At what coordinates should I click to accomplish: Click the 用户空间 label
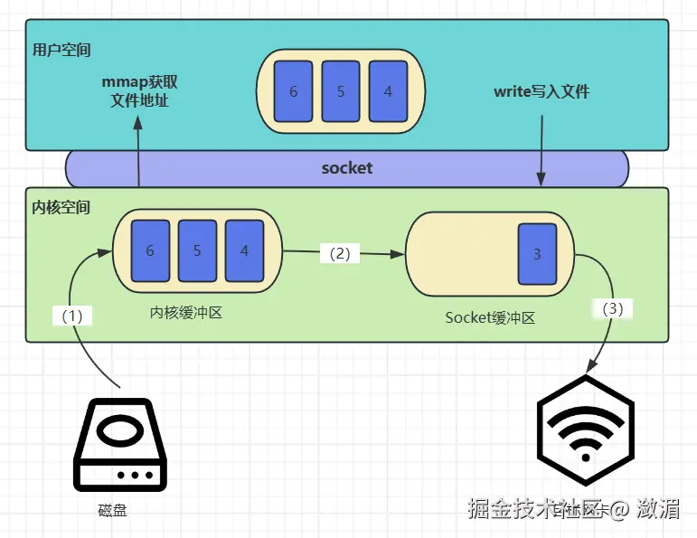tap(61, 49)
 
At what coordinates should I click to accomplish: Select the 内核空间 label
tap(61, 207)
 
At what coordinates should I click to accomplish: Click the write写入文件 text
tap(541, 91)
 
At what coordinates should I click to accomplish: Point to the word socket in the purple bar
tap(347, 168)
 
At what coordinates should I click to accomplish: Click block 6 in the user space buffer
tap(293, 92)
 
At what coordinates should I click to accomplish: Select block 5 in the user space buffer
tap(341, 92)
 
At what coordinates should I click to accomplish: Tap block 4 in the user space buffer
tap(388, 92)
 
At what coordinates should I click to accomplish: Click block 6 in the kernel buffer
tap(150, 250)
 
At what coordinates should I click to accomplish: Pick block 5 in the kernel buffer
tap(197, 250)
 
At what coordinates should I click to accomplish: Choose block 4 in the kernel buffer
tap(244, 250)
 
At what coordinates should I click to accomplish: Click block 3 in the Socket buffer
tap(537, 254)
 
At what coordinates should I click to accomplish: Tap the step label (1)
tap(72, 316)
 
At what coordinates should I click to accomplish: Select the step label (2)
tap(340, 254)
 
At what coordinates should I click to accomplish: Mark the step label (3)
tap(612, 308)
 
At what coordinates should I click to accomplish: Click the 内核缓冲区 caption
tap(185, 313)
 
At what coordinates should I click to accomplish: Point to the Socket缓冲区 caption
tap(491, 317)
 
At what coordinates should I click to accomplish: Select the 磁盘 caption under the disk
tap(113, 511)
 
